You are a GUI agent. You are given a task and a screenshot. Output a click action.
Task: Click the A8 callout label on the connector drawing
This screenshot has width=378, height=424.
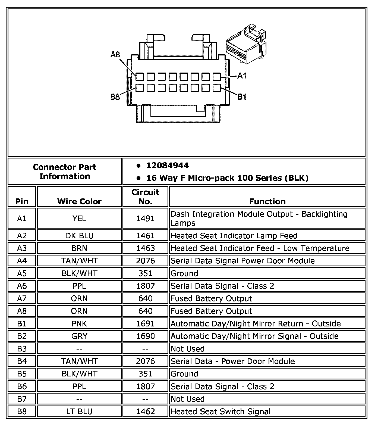[x=115, y=55]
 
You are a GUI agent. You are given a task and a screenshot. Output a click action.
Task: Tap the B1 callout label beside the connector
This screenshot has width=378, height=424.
[x=242, y=97]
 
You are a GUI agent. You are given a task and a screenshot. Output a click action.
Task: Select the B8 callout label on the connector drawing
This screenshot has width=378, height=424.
[x=115, y=97]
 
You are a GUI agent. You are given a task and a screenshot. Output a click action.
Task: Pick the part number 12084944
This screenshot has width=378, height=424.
[x=168, y=166]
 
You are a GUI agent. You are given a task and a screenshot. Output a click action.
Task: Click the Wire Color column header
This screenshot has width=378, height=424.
[x=79, y=201]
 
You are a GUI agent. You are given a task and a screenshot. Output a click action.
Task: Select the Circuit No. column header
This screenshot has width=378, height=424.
[x=145, y=197]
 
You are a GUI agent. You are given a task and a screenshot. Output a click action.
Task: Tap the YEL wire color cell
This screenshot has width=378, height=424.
[x=79, y=219]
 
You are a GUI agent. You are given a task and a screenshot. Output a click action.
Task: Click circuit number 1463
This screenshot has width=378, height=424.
[x=145, y=248]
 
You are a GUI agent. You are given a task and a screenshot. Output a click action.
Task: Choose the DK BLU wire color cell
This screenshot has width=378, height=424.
[x=79, y=236]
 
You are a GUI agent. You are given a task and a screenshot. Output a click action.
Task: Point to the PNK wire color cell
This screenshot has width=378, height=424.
[x=79, y=324]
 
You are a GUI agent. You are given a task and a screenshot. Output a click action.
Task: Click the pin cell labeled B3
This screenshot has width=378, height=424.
[x=22, y=349]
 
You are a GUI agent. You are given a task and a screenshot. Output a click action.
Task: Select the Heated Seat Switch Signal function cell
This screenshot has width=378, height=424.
[x=220, y=411]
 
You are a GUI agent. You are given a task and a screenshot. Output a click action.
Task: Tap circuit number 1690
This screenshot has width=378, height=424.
[x=145, y=336]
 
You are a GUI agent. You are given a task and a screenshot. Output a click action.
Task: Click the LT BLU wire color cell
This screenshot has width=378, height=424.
[x=79, y=411]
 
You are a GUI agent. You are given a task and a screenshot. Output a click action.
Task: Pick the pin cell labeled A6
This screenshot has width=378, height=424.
[x=22, y=286]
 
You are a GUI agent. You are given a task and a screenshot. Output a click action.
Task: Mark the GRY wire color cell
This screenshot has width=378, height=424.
[x=79, y=336]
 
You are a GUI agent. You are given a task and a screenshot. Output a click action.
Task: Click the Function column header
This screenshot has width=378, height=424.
[x=267, y=201]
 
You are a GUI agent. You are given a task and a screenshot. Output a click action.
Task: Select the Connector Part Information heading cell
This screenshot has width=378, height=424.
[x=65, y=172]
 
